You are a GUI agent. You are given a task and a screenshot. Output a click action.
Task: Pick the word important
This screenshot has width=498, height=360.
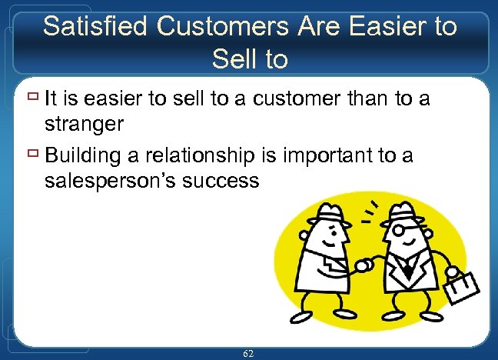click(x=324, y=156)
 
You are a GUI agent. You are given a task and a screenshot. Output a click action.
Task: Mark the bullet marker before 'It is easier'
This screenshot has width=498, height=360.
click(x=30, y=97)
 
